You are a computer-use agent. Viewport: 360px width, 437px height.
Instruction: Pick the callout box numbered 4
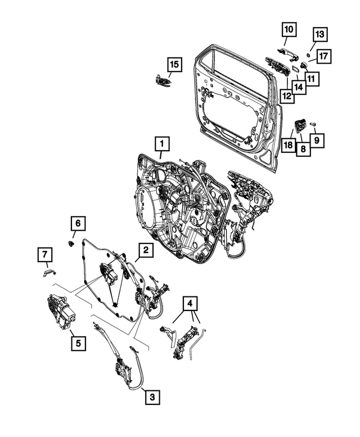click(x=191, y=304)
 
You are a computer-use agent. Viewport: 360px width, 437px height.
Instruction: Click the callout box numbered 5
click(x=78, y=341)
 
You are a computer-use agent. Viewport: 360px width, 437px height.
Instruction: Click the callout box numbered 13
click(x=319, y=34)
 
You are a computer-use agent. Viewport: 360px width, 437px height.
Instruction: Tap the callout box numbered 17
click(x=324, y=56)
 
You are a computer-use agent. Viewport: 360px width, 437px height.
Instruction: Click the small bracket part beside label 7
click(x=49, y=272)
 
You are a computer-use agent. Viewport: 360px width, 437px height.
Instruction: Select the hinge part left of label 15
click(x=162, y=80)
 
